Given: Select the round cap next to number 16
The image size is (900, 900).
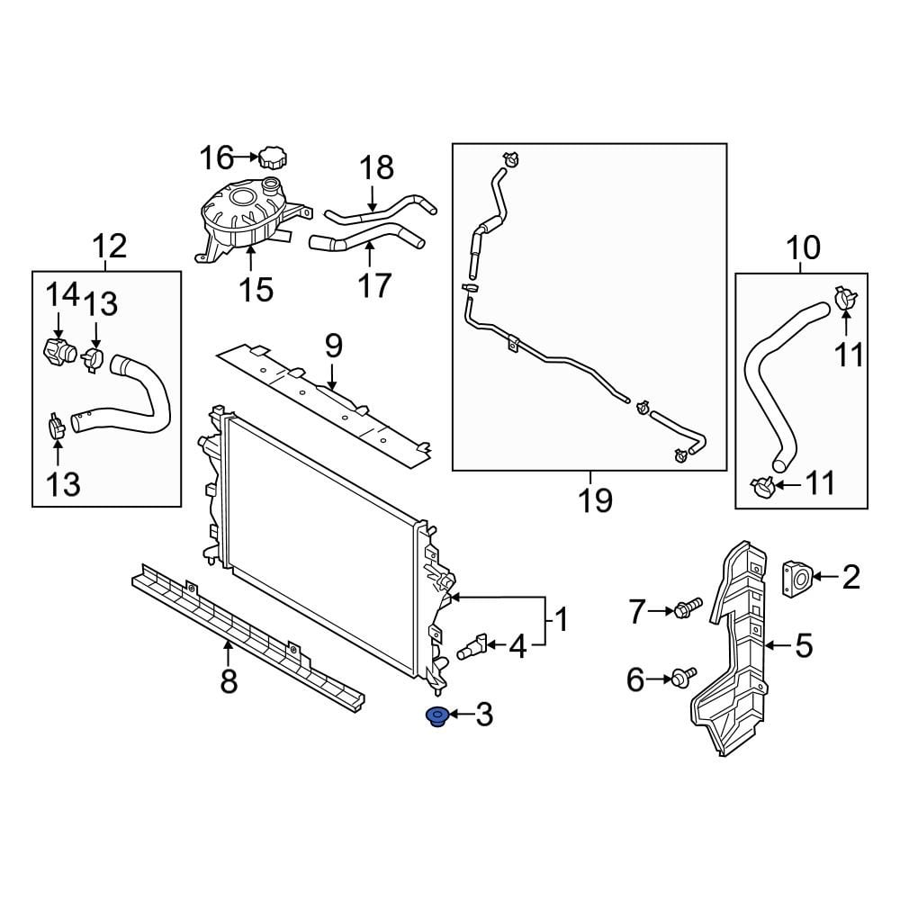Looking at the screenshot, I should click(273, 158).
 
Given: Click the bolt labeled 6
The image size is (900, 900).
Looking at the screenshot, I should click(683, 678).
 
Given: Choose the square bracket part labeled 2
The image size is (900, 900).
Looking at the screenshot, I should click(797, 577).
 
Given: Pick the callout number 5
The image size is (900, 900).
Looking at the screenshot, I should click(804, 644).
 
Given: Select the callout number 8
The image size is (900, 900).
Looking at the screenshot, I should click(229, 681).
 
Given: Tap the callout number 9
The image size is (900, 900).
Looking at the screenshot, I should click(333, 345).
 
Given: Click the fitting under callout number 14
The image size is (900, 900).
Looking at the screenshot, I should click(60, 348).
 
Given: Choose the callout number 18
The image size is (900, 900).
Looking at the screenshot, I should click(377, 167).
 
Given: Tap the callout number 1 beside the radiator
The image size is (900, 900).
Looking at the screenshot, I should click(560, 620).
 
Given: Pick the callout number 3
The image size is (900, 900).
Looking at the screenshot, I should click(484, 716).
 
